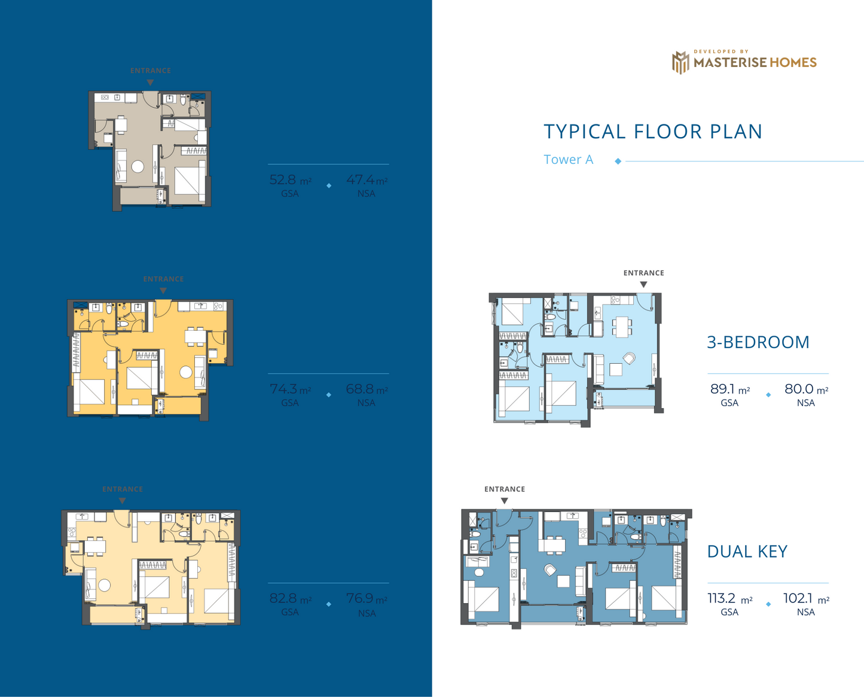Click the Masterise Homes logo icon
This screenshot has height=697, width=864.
click(x=680, y=62)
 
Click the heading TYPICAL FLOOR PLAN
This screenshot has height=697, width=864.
click(x=652, y=132)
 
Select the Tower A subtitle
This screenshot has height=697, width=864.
click(x=568, y=160)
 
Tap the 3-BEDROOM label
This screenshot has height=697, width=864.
click(x=758, y=342)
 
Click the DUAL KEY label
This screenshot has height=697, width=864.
click(x=747, y=552)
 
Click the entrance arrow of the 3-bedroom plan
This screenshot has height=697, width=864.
click(x=643, y=285)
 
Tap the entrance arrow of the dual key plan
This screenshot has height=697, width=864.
click(x=505, y=501)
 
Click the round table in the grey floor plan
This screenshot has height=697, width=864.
click(x=138, y=167)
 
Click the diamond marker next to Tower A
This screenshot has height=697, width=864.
click(x=618, y=161)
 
